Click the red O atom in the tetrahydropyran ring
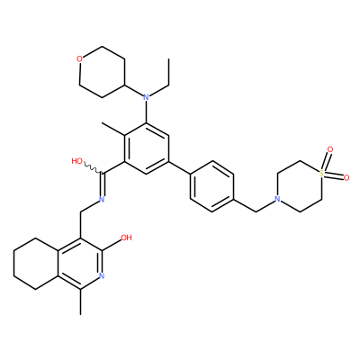click(x=79, y=59)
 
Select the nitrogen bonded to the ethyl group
click(x=146, y=97)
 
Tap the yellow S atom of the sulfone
click(x=321, y=173)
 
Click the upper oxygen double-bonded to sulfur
click(x=330, y=149)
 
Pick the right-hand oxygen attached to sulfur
click(x=346, y=178)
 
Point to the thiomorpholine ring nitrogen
click(x=277, y=199)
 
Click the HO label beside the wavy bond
click(x=77, y=161)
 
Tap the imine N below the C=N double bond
click(x=102, y=199)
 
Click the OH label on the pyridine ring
click(x=126, y=238)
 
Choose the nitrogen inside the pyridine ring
click(x=102, y=275)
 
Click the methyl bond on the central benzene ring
click(x=113, y=130)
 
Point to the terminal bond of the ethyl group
click(x=169, y=72)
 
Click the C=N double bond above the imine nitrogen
click(x=103, y=184)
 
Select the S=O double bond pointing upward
click(x=326, y=160)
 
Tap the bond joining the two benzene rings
click(x=179, y=167)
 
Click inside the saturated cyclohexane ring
click(x=36, y=264)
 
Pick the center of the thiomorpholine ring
click(x=300, y=186)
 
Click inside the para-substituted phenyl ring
click(x=211, y=186)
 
